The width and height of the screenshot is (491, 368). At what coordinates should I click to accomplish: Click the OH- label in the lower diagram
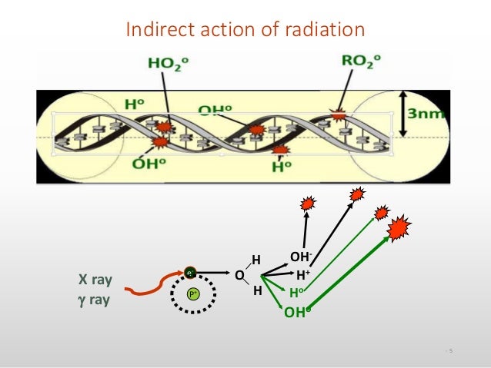[300, 257]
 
